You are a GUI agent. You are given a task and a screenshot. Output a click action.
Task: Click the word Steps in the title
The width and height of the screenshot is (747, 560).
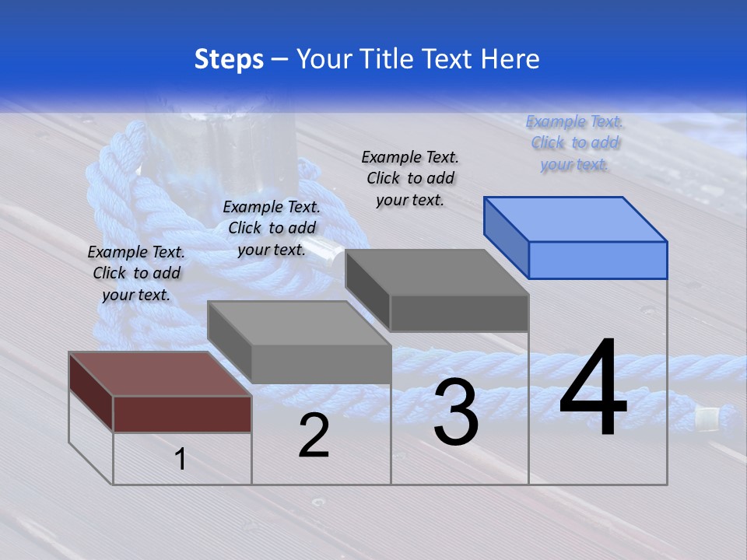coord(229,59)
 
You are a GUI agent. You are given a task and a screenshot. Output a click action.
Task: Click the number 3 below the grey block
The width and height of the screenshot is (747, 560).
coord(456,412)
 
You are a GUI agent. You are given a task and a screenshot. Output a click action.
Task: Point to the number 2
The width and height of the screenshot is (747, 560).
coord(314,436)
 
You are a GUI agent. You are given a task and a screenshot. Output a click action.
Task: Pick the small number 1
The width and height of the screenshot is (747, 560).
coord(181,460)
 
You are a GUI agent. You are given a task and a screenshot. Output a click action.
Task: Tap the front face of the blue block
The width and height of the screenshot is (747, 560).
coord(598,260)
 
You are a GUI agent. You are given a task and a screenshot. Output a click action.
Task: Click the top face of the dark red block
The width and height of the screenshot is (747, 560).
coord(160,373)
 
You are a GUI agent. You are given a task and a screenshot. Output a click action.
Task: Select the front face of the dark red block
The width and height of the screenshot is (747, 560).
coord(182,414)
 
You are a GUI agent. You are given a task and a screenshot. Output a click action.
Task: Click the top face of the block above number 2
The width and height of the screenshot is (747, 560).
coord(299,322)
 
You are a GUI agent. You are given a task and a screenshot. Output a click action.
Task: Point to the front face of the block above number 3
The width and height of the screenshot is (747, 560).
coord(459,313)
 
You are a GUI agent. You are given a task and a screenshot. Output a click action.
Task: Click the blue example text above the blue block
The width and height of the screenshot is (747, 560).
coord(574,143)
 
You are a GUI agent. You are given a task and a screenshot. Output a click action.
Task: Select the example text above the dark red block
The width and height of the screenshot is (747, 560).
coord(136,273)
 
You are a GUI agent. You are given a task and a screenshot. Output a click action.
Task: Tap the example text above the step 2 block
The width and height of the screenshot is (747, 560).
coord(272,228)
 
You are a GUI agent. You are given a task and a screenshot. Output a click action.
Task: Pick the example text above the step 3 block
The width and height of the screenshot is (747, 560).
coord(410,178)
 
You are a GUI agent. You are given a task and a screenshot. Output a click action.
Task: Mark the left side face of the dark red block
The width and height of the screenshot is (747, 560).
coord(91,391)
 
